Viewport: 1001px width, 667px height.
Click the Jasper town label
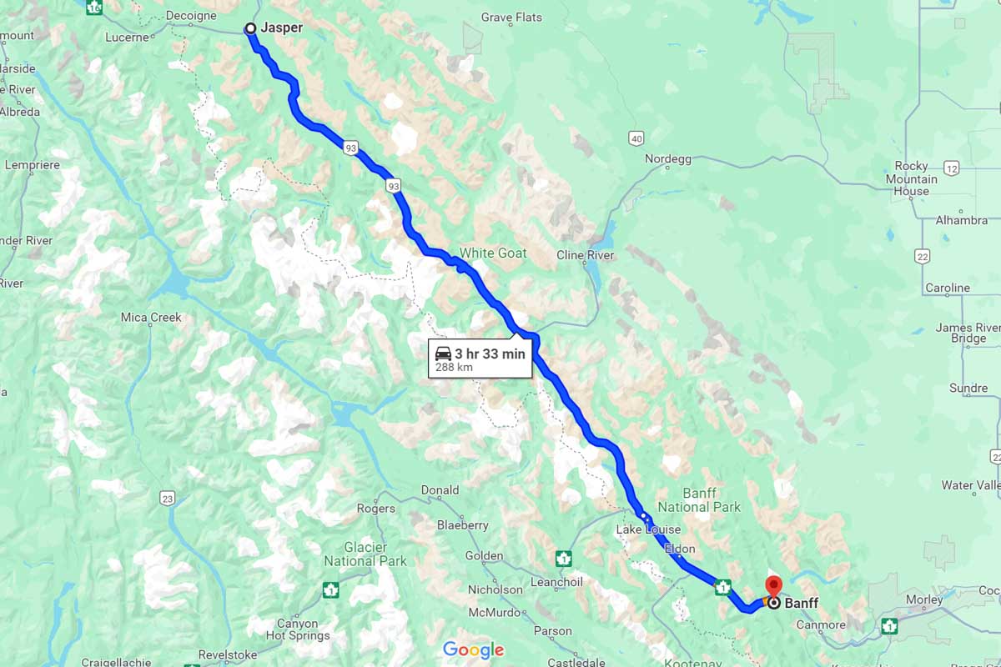tap(281, 28)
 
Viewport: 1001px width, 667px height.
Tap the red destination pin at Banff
tap(773, 585)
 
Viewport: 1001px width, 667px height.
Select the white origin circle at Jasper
tap(250, 29)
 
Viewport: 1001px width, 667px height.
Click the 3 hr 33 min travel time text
tap(490, 354)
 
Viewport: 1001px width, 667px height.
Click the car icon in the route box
tap(444, 353)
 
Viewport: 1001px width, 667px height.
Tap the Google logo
tap(473, 649)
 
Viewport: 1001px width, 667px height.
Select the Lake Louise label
tap(648, 529)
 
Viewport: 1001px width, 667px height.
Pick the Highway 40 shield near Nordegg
tap(636, 138)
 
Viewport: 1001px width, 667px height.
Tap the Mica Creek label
tap(151, 317)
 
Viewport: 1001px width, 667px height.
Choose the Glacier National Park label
tap(365, 554)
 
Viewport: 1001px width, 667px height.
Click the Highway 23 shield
tap(168, 498)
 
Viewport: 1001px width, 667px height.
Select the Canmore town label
tap(821, 624)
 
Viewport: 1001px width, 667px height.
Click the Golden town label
tap(484, 555)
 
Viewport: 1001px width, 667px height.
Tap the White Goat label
tap(493, 253)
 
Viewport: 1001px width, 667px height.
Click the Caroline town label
tap(947, 288)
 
